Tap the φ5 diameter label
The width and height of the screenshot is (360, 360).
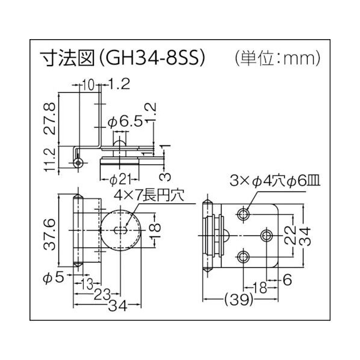pyautogui.click(x=55, y=279)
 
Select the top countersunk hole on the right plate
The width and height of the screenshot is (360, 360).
pyautogui.click(x=244, y=214)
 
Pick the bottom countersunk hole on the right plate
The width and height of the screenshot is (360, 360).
pyautogui.click(x=244, y=256)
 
